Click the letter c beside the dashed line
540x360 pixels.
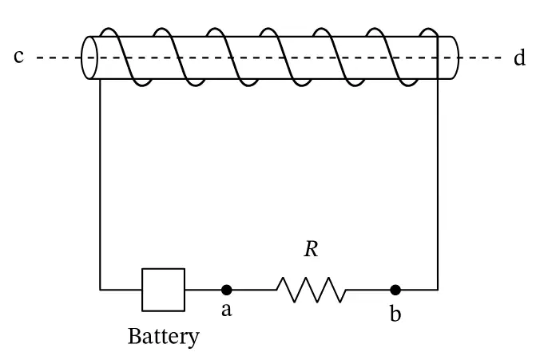19,57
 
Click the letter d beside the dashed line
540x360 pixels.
519,57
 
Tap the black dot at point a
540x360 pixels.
226,290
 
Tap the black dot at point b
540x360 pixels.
395,290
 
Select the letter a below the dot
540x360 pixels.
226,310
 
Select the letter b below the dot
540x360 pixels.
395,314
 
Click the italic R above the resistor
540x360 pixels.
311,249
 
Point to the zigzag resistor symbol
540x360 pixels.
312,290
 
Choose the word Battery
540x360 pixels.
164,336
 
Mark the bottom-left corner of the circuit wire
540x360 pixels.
100,290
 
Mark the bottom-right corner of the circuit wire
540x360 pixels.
438,290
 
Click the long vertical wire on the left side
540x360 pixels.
100,184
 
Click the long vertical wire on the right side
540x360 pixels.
438,184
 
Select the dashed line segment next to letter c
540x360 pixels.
58,57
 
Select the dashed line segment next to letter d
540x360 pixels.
481,57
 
